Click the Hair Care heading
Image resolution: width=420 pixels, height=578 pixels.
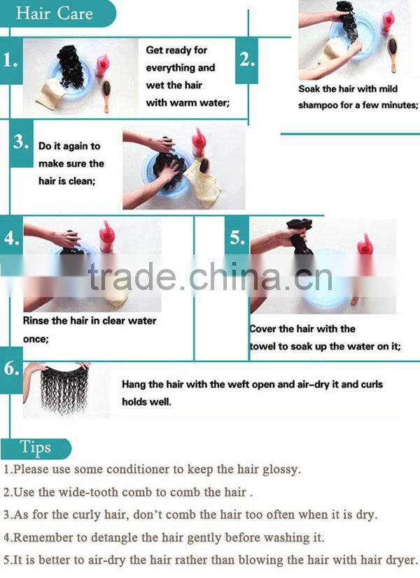click(x=54, y=13)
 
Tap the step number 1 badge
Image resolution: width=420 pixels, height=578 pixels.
click(x=10, y=60)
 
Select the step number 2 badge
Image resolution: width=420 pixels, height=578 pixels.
click(x=247, y=60)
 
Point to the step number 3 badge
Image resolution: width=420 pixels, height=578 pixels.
click(x=21, y=142)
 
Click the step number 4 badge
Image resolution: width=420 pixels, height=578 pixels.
click(x=11, y=238)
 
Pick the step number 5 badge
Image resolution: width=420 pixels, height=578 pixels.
click(x=237, y=237)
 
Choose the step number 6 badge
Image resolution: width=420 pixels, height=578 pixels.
click(x=11, y=369)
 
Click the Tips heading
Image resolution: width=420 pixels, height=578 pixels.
click(x=36, y=448)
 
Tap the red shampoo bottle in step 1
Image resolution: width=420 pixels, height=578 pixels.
click(x=102, y=66)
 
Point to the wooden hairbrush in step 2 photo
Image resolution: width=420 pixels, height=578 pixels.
click(x=393, y=53)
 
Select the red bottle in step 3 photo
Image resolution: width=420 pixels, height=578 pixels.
click(x=199, y=142)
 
